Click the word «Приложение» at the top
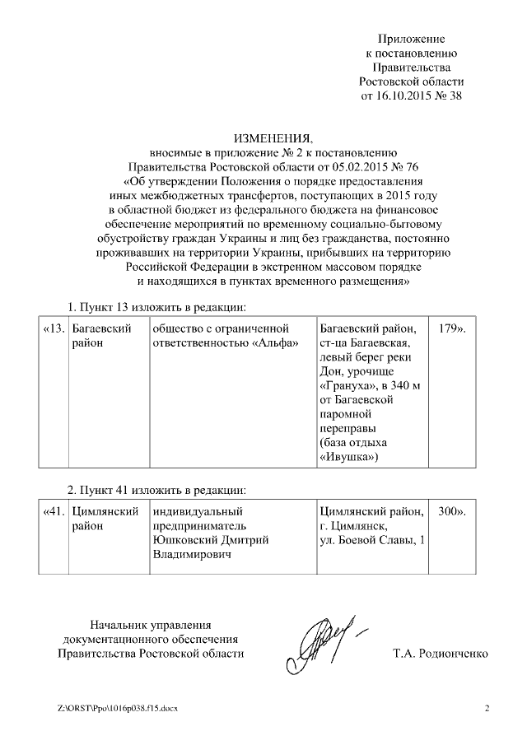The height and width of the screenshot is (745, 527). click(x=411, y=39)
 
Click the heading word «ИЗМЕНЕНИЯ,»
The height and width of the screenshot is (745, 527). click(x=273, y=137)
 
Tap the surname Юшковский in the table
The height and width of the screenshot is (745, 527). click(x=187, y=540)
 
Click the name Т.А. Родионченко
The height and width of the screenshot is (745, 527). click(x=441, y=654)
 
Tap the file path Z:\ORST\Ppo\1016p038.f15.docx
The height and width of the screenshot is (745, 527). click(x=117, y=709)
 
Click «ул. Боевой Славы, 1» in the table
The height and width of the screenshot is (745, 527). click(x=372, y=540)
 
